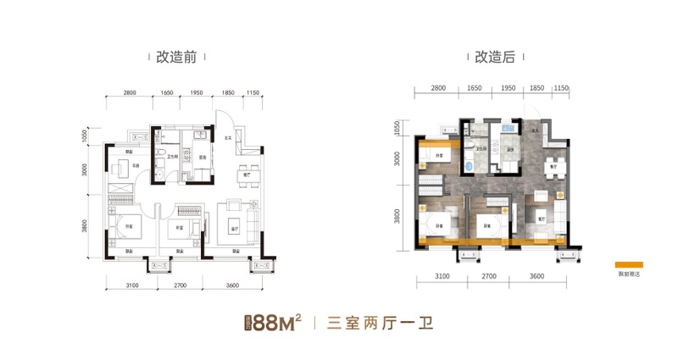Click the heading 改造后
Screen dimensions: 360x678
(495, 58)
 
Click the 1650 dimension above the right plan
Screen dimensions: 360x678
(474, 87)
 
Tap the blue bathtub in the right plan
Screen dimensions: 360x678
(470, 157)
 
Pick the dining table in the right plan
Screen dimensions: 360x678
(553, 164)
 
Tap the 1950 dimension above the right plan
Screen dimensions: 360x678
(508, 87)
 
